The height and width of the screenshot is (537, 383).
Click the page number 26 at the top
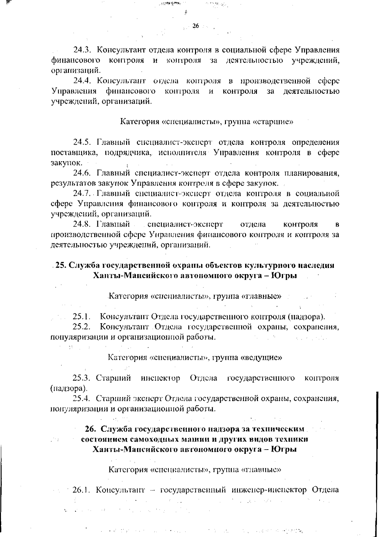[196, 26]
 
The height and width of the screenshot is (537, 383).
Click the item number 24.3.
[83, 50]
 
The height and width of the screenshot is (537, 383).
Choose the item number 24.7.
[83, 193]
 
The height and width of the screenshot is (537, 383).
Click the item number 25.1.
[82, 317]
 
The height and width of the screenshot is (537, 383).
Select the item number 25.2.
[82, 327]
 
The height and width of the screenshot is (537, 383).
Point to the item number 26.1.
[82, 490]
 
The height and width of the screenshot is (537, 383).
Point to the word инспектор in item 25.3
[161, 378]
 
